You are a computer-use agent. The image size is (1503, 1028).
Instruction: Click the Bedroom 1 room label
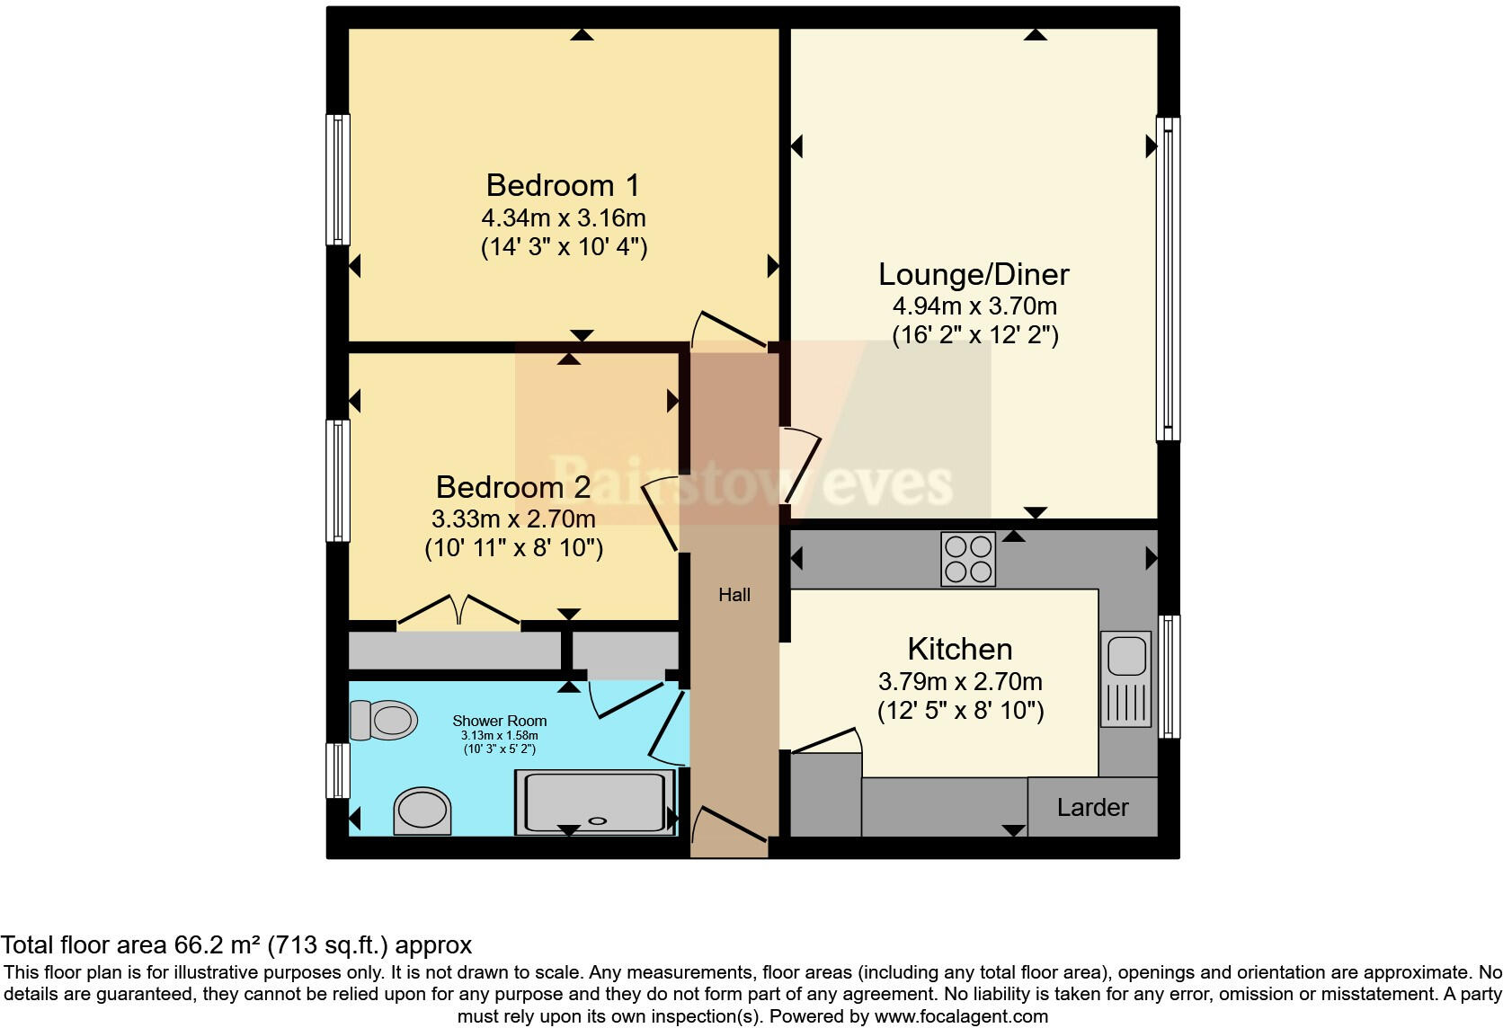coord(563,185)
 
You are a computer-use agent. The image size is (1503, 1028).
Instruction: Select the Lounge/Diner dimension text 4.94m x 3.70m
coord(974,306)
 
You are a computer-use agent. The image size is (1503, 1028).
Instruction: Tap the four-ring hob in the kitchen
coord(968,559)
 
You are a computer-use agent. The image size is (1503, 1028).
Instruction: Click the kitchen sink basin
coord(1125,656)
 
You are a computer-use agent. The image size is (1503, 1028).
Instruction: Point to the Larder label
coord(1092,807)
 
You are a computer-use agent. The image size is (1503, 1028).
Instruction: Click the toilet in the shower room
coord(385,720)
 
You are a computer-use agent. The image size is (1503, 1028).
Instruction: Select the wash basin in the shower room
coord(422,810)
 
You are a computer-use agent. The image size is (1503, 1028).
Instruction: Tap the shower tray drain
coord(597,820)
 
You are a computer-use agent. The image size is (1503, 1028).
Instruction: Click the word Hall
coord(734,595)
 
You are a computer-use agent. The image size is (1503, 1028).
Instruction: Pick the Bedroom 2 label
coord(513,487)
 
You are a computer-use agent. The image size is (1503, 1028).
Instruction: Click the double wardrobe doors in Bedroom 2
coord(458,610)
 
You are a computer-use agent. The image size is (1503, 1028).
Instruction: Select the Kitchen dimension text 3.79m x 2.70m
coord(960,681)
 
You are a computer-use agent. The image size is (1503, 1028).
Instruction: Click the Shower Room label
coord(499,721)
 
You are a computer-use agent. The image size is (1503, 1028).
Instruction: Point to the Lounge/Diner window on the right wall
coord(1168,279)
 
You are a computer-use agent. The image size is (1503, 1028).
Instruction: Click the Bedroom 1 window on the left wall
coord(338,180)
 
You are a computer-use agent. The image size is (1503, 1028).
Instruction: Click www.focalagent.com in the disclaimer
coord(961,1016)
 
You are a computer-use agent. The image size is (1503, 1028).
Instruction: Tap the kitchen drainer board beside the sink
coord(1125,705)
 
